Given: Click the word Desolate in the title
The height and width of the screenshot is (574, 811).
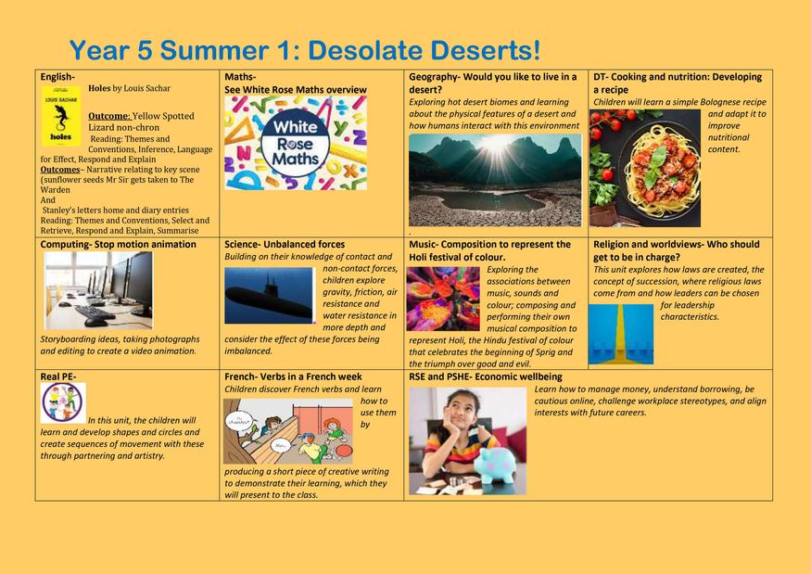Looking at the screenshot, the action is coord(365,50).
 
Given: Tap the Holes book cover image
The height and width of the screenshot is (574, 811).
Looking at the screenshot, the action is coord(61,116).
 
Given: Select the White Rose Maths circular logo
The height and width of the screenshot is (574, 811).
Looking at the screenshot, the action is coord(296,143).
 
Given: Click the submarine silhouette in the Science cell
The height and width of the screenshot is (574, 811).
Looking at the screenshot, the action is coord(269,300).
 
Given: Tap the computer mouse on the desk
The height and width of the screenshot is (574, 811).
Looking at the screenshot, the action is coord(96,323).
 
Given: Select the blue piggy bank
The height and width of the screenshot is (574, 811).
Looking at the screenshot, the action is coord(496,465).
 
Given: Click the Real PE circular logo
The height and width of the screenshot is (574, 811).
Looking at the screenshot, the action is coord(63,402).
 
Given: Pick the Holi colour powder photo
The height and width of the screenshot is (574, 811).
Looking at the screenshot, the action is coord(443,299).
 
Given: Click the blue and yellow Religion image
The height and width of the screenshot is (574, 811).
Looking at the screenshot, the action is coord(621,334).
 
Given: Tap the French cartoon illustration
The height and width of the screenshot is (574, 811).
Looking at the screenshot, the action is coord(288,431).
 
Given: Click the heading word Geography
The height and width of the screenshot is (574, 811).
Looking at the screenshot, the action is coord(433,77).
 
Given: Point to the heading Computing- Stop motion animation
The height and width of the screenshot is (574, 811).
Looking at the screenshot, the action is coord(119,244).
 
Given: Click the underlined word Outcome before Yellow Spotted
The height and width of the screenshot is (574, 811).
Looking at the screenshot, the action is coord(108,116).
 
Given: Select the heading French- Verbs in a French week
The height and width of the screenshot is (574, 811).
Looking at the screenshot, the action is coord(293,376).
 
